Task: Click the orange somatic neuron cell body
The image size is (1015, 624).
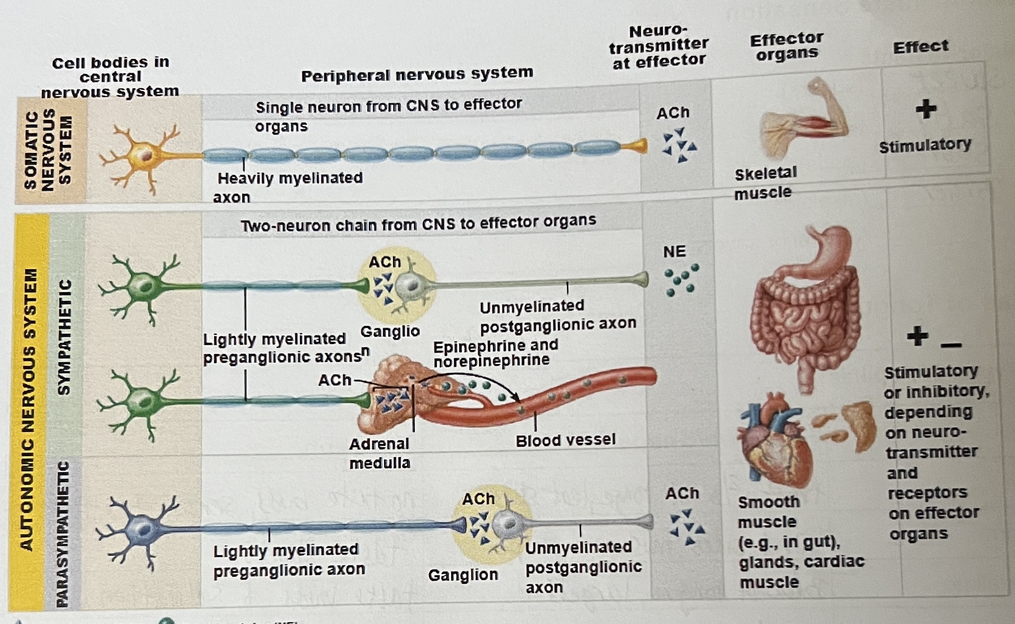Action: tap(142, 154)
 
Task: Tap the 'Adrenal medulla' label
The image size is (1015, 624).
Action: tap(380, 453)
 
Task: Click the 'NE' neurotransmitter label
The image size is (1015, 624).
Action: tap(674, 251)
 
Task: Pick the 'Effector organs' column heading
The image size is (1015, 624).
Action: tap(787, 46)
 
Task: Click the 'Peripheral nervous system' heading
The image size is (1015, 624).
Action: tap(417, 74)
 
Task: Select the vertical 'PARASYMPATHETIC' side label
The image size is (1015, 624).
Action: tap(63, 535)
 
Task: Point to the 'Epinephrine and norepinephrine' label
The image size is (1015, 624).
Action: tap(495, 352)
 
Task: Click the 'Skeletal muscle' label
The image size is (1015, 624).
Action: tap(765, 182)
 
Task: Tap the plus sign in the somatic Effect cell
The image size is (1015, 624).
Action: tap(926, 109)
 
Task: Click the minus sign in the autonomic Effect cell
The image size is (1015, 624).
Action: tap(951, 345)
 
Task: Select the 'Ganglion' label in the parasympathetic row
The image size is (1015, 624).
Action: tap(463, 575)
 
